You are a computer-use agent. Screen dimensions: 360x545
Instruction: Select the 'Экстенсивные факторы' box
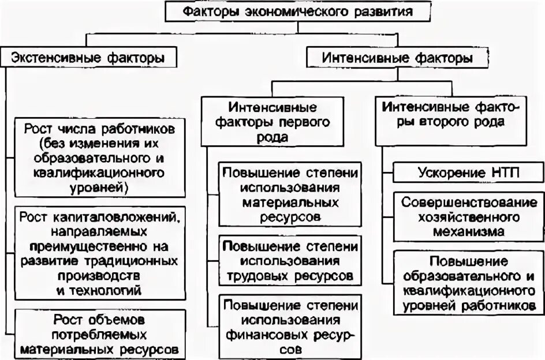87,58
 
